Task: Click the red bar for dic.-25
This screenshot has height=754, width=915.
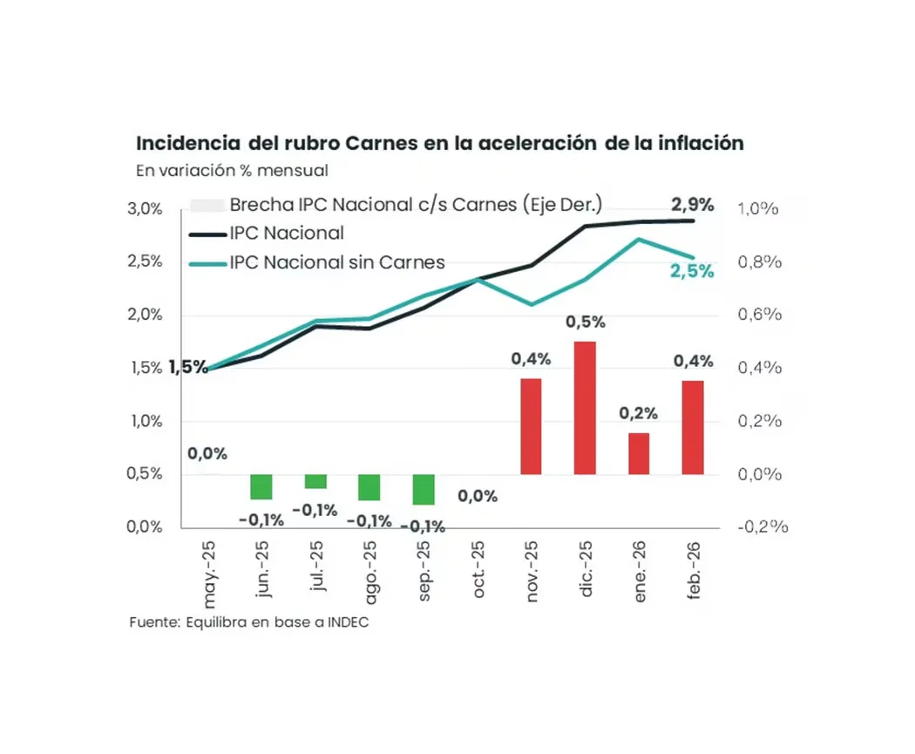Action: pyautogui.click(x=585, y=408)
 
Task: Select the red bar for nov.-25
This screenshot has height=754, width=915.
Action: pyautogui.click(x=531, y=426)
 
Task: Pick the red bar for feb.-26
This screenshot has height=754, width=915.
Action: pyautogui.click(x=693, y=427)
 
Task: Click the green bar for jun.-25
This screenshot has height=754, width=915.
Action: pyautogui.click(x=261, y=486)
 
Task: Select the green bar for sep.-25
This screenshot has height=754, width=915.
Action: pyautogui.click(x=424, y=489)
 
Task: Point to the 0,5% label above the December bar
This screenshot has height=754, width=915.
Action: pyautogui.click(x=585, y=323)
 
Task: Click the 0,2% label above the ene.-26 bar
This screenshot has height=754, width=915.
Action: pyautogui.click(x=639, y=413)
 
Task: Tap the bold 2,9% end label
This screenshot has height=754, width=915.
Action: pyautogui.click(x=692, y=205)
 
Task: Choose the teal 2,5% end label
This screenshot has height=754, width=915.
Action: pyautogui.click(x=692, y=271)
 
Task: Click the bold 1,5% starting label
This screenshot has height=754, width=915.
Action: pyautogui.click(x=188, y=367)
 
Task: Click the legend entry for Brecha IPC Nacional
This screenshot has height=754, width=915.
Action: pyautogui.click(x=416, y=205)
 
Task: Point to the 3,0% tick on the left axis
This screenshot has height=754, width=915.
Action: pyautogui.click(x=146, y=209)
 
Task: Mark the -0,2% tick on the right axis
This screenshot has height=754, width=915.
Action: pyautogui.click(x=762, y=526)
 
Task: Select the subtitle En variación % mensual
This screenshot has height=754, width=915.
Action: pyautogui.click(x=232, y=170)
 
